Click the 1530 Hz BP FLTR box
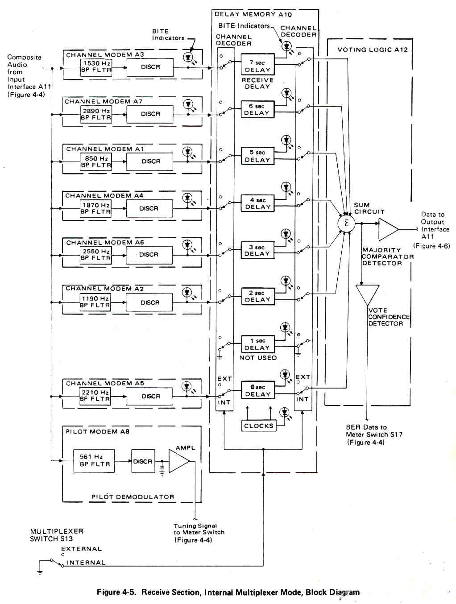[x=96, y=66]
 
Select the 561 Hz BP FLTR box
[x=94, y=461]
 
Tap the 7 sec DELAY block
[x=257, y=66]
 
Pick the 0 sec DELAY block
[x=257, y=390]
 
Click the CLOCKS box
[x=258, y=426]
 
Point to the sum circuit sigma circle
[x=346, y=223]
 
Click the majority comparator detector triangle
[x=388, y=229]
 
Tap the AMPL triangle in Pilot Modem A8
[x=178, y=461]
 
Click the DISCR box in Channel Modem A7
[x=150, y=114]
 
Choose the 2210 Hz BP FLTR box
[x=95, y=396]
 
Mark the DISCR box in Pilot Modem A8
[x=143, y=461]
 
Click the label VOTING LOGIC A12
[x=372, y=50]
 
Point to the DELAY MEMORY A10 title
[x=253, y=14]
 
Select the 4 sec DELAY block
[x=257, y=203]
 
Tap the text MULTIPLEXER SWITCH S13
[x=57, y=535]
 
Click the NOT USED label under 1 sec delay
[x=258, y=358]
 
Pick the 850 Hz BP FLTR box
[x=96, y=161]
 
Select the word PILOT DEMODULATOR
[x=133, y=497]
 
